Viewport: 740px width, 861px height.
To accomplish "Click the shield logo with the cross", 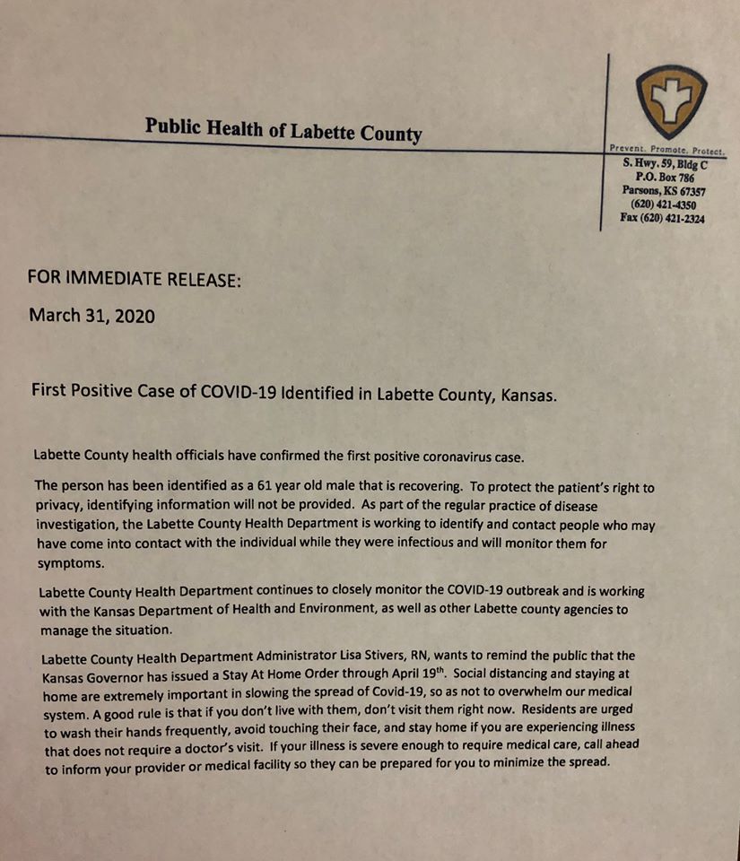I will tap(671, 100).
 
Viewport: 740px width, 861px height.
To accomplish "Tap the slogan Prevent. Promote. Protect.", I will tap(666, 150).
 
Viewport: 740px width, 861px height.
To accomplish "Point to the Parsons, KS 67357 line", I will tap(664, 191).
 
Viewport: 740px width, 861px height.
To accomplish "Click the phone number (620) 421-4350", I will tap(663, 204).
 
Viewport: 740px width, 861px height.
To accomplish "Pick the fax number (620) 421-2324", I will tap(662, 218).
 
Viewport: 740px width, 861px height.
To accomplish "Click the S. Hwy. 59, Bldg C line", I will tap(666, 164).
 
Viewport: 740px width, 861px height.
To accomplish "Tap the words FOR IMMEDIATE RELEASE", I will tap(135, 278).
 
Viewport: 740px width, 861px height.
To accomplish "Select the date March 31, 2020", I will tap(92, 316).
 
